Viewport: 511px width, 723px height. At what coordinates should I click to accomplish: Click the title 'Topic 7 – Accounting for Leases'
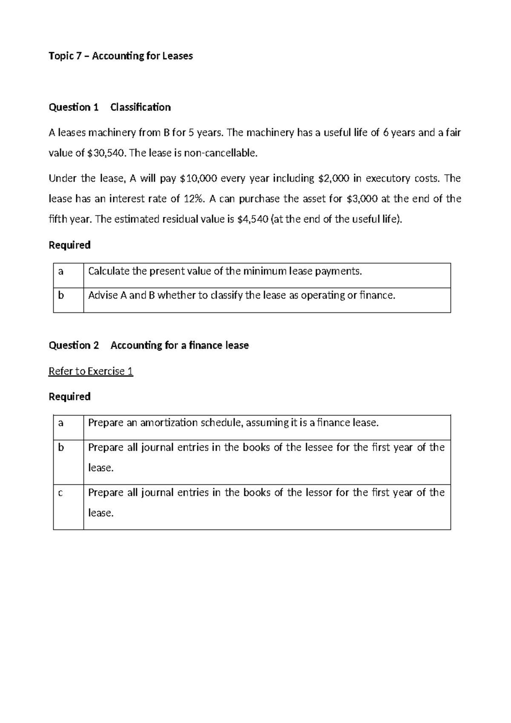[121, 56]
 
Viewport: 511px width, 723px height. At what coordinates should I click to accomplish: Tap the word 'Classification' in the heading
[141, 107]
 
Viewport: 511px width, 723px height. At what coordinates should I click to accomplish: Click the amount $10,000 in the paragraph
[199, 178]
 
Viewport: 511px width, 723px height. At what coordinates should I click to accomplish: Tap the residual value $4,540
[252, 219]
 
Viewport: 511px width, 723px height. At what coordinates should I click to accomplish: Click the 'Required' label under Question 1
[69, 245]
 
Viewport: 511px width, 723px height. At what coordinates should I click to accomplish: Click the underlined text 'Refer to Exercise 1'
[91, 371]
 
